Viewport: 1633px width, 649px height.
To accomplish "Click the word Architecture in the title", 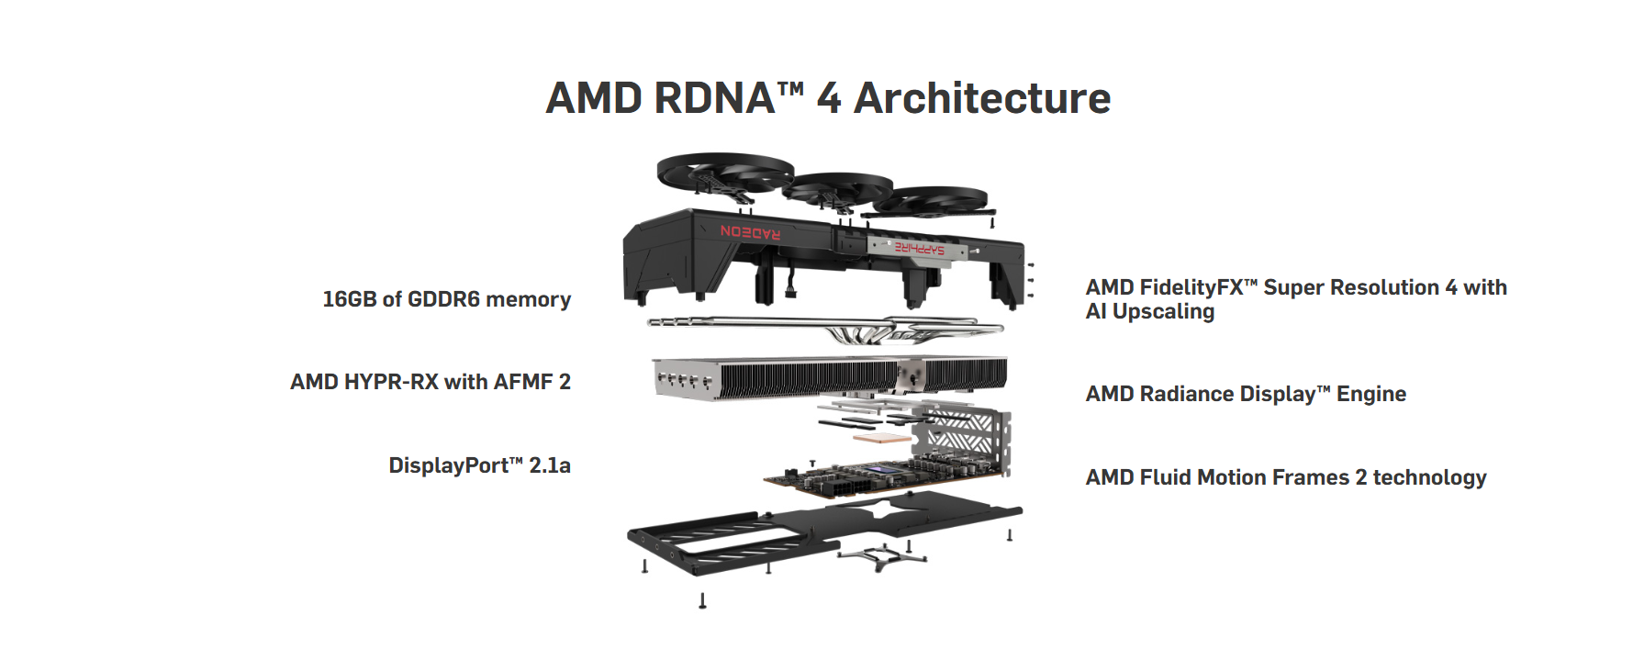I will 981,98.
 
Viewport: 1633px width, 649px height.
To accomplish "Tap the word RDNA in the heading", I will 715,98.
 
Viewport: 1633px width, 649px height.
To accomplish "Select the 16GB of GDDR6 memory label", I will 446,299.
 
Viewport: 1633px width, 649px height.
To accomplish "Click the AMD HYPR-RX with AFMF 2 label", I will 430,382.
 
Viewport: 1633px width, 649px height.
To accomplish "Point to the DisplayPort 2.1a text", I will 479,465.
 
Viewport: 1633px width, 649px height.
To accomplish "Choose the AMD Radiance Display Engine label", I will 1245,394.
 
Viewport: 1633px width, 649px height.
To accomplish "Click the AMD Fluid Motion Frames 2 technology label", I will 1285,477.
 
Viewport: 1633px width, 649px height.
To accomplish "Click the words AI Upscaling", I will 1149,312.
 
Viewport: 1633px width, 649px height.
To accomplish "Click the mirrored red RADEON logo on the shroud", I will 750,231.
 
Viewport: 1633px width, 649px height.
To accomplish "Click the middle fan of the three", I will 837,188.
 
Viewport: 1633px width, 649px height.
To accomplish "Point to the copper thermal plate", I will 881,438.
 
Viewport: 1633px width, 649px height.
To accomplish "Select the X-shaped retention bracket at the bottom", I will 882,555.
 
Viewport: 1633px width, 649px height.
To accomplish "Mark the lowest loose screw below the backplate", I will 702,600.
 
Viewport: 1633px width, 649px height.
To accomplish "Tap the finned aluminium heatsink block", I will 826,376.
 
